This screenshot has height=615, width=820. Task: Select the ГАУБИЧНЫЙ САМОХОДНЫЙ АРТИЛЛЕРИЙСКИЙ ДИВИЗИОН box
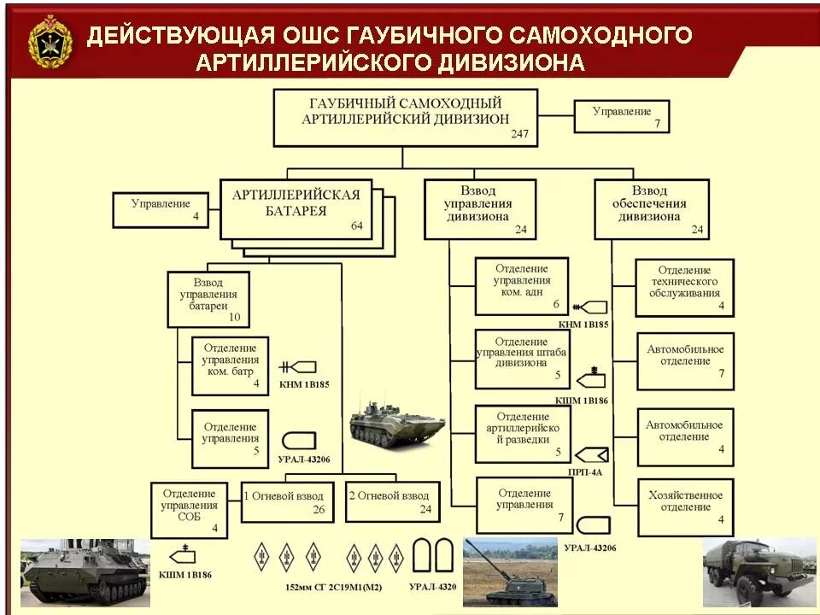406,117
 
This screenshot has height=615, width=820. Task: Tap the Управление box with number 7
621,116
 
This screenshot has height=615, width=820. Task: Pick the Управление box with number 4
161,210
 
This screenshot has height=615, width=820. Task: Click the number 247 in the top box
519,135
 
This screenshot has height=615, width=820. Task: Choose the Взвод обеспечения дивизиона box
651,208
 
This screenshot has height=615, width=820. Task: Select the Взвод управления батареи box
208,299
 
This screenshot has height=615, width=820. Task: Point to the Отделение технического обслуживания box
685,287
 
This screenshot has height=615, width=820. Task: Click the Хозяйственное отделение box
685,507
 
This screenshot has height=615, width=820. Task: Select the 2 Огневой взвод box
392,501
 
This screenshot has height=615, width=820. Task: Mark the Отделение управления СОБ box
189,510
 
